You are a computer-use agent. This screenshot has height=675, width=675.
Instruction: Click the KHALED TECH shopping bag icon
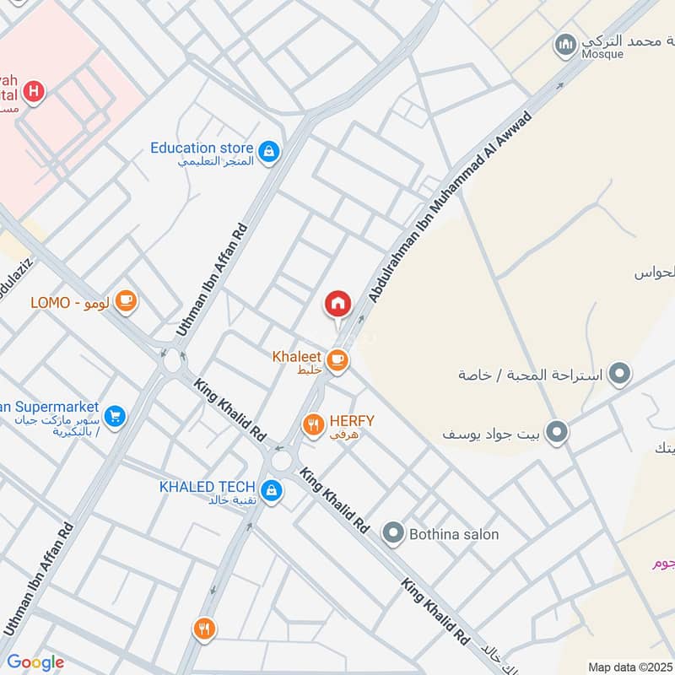[271, 489]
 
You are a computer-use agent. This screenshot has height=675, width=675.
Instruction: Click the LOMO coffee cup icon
[126, 301]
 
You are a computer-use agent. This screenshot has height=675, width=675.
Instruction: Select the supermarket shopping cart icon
[116, 416]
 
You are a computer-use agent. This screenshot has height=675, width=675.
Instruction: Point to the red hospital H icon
[33, 91]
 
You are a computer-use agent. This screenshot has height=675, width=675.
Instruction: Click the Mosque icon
[564, 43]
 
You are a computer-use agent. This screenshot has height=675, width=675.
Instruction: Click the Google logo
[35, 662]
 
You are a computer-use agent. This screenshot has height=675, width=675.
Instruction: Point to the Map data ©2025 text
[629, 667]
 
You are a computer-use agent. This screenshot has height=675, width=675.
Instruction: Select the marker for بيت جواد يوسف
[556, 433]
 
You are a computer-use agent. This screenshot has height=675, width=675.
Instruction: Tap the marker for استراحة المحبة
[620, 373]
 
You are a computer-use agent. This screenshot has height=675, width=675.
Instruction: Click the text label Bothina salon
[454, 534]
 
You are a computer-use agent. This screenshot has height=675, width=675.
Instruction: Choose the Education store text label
[202, 148]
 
